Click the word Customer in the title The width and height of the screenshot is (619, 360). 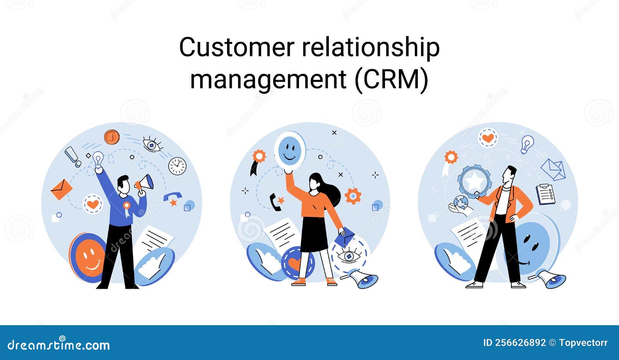click(236, 48)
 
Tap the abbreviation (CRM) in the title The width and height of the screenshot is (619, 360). click(392, 79)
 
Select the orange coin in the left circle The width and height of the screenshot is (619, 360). click(111, 137)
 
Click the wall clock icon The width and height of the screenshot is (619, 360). click(177, 166)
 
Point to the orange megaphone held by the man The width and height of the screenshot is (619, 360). click(145, 183)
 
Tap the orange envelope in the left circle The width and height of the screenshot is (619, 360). click(62, 189)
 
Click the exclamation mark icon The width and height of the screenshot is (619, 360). click(72, 156)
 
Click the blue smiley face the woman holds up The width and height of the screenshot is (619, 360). click(289, 149)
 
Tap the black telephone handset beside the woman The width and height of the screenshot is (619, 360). click(275, 202)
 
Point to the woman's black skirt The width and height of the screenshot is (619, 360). click(314, 234)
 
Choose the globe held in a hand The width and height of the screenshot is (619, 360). click(461, 202)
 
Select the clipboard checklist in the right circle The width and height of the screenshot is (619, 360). click(545, 194)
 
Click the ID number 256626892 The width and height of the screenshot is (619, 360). click(515, 343)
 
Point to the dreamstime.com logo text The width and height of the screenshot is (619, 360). click(59, 344)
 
